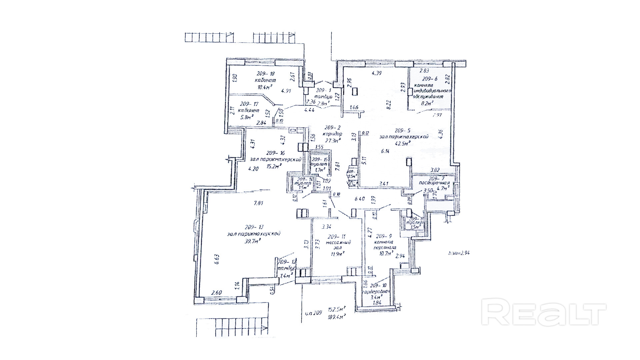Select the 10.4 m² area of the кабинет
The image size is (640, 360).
point(265,87)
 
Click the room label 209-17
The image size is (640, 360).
point(250,104)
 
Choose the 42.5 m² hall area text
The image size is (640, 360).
point(402,143)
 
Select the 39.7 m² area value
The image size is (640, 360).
point(252,241)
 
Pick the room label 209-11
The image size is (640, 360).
point(336,237)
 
